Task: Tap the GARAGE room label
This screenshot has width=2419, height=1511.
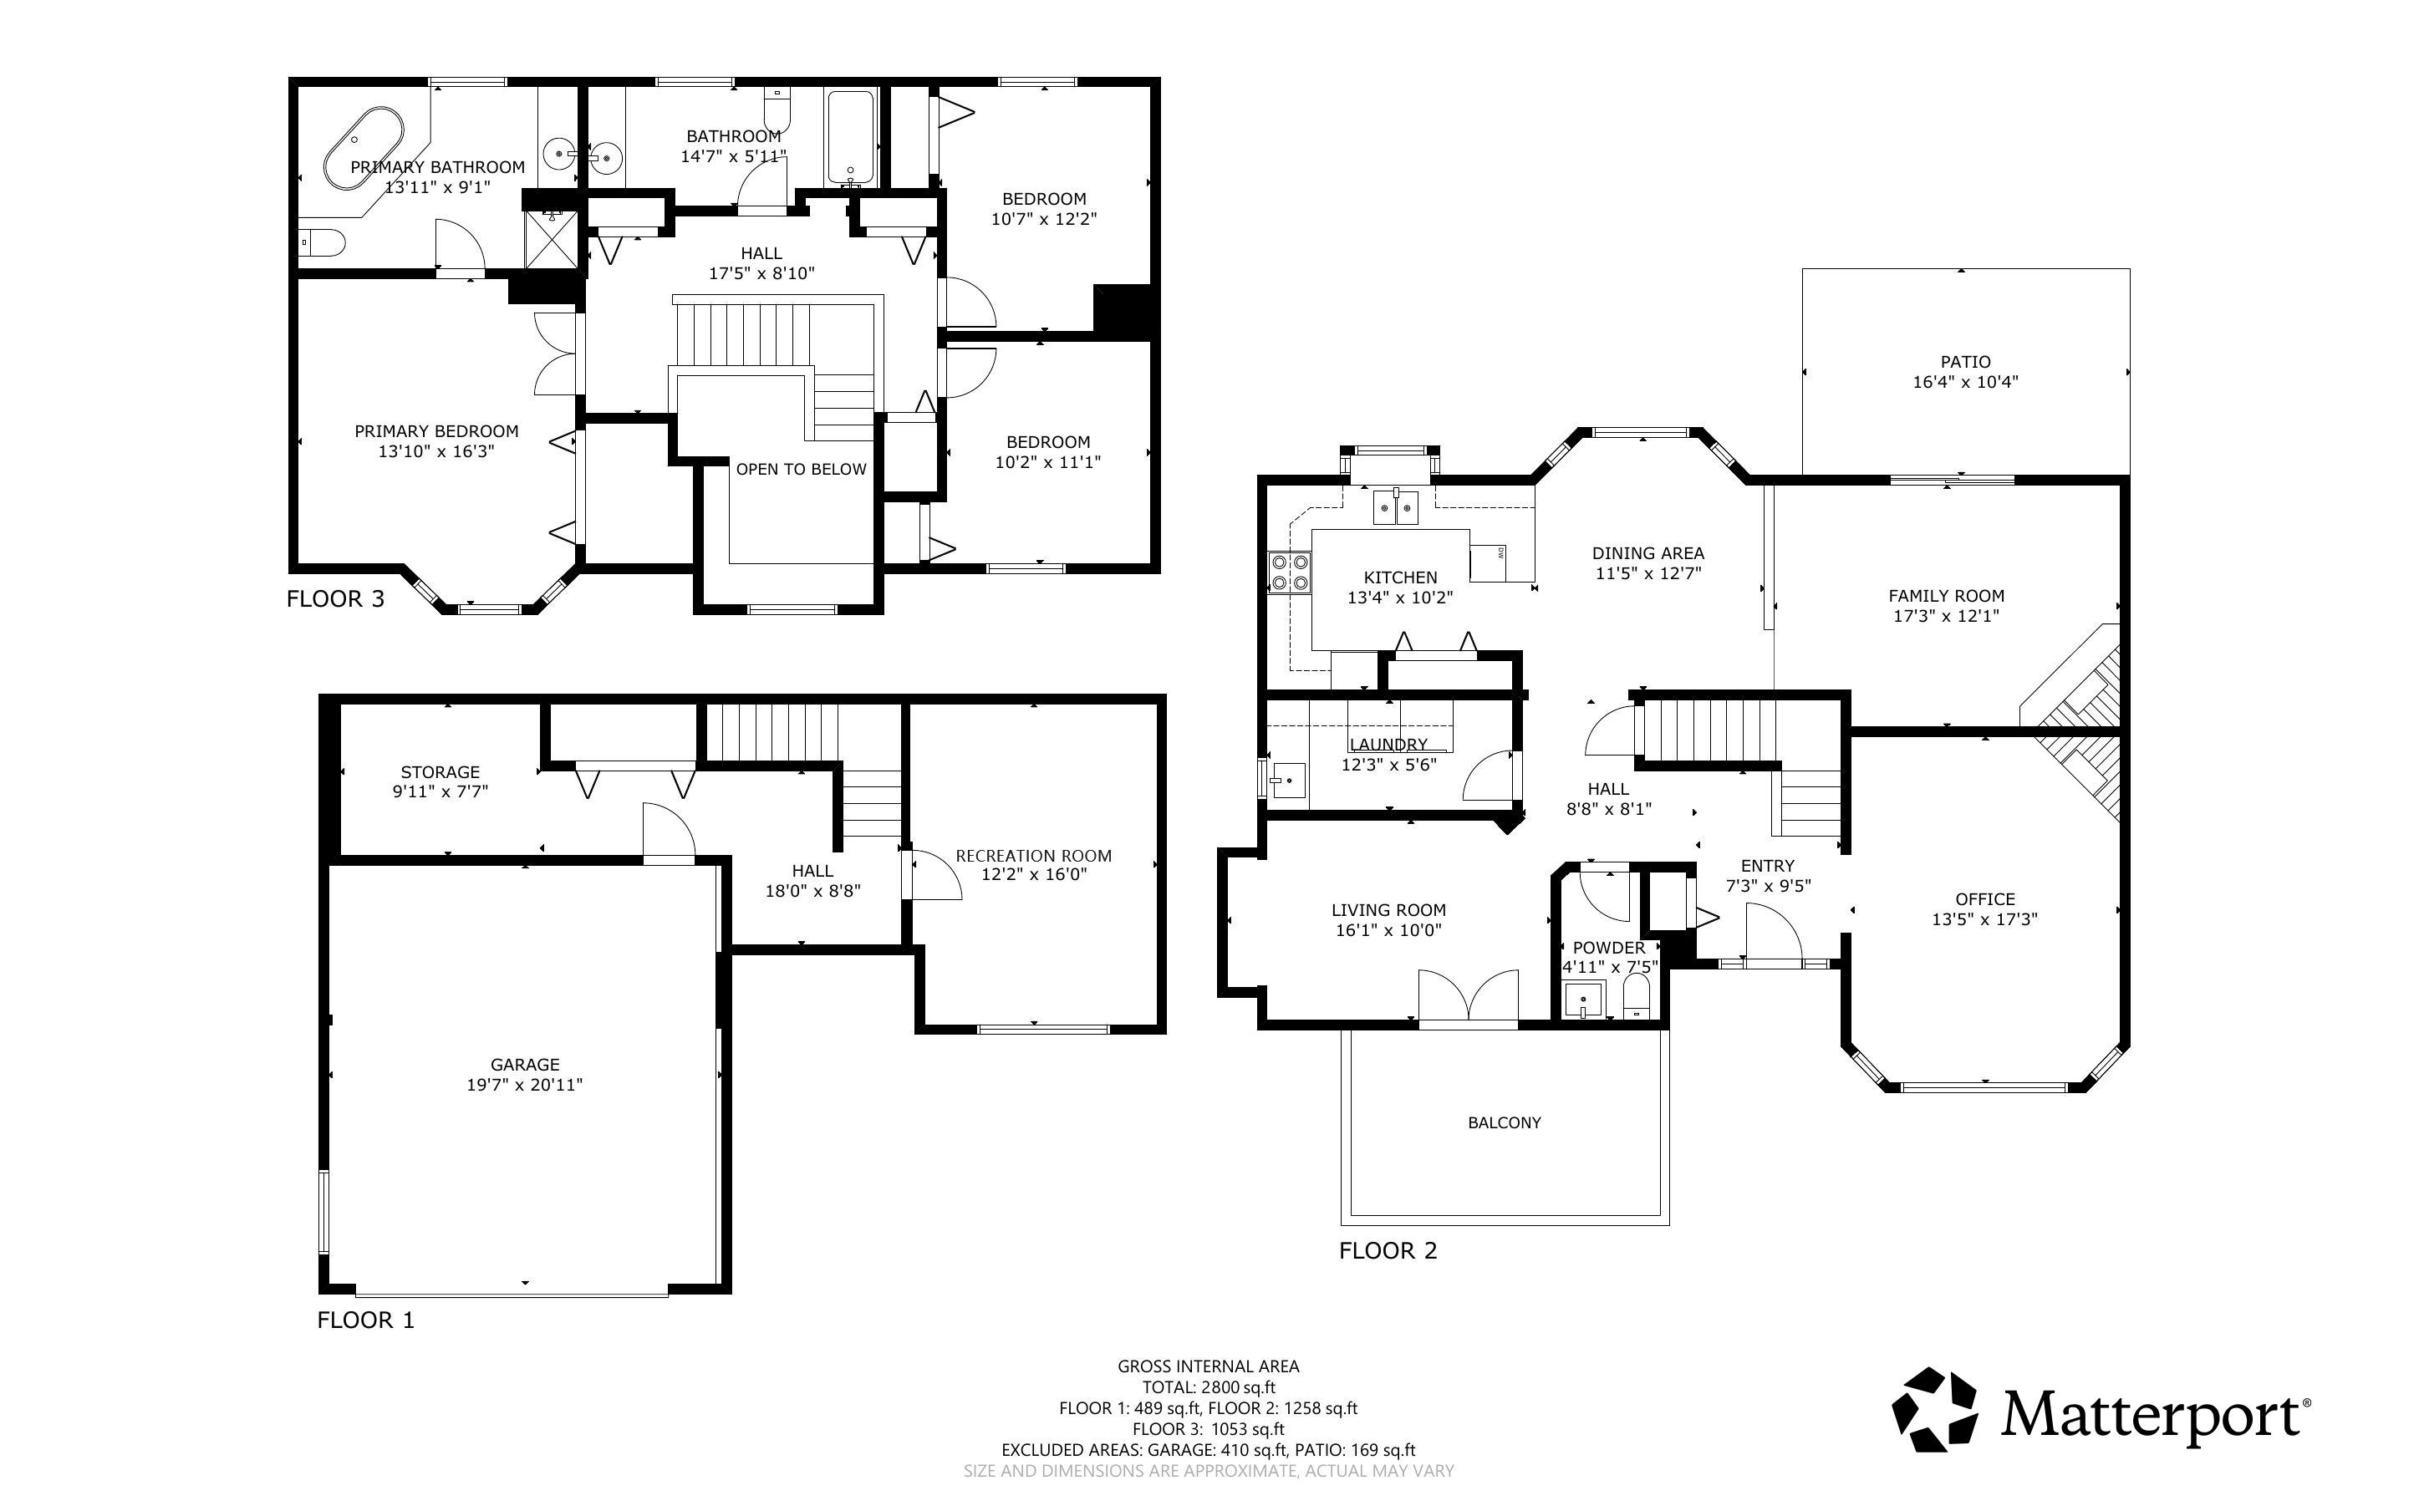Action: pyautogui.click(x=525, y=1064)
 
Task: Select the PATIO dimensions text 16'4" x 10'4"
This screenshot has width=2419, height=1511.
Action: pyautogui.click(x=1965, y=382)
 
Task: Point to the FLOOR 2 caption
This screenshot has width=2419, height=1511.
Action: pyautogui.click(x=1388, y=1250)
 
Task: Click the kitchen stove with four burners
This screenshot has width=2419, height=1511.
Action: pyautogui.click(x=1289, y=573)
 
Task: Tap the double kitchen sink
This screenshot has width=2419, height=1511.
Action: pyautogui.click(x=1396, y=507)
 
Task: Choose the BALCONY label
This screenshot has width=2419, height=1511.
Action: pyautogui.click(x=1504, y=1122)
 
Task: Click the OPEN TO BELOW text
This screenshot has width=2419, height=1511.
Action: pyautogui.click(x=802, y=470)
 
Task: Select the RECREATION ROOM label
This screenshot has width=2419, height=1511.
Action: pyautogui.click(x=1033, y=856)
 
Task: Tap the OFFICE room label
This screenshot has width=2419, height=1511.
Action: pyautogui.click(x=1984, y=899)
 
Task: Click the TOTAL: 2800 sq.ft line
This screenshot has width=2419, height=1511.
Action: pyautogui.click(x=1209, y=1387)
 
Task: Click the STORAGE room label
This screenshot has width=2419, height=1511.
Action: pyautogui.click(x=440, y=771)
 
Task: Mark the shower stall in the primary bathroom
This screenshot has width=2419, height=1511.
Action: pyautogui.click(x=552, y=239)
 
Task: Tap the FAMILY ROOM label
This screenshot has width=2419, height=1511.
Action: pyautogui.click(x=1945, y=596)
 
